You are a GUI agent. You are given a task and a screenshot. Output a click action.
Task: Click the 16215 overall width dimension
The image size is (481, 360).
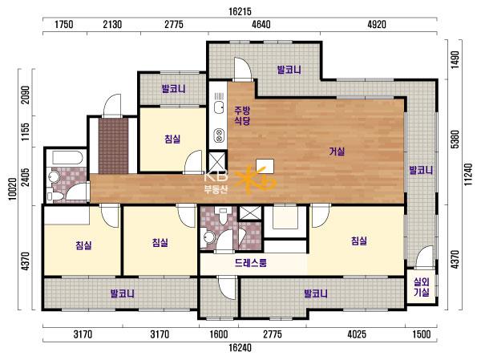[240, 12]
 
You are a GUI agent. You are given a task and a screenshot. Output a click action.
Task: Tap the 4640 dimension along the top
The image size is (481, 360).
[261, 24]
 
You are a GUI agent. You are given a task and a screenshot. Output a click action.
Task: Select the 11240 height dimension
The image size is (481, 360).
[468, 174]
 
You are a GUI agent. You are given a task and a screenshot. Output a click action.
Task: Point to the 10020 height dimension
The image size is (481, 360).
[13, 188]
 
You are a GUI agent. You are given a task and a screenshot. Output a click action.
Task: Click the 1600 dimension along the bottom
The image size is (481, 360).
[218, 334]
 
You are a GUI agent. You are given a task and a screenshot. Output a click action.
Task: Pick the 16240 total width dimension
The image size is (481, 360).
[240, 348]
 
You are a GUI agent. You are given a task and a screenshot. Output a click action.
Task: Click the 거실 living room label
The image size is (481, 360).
[337, 152]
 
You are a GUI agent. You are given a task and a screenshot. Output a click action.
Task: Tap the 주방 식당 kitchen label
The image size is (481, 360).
[242, 115]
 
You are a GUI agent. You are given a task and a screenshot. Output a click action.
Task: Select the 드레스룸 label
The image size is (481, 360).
[251, 263]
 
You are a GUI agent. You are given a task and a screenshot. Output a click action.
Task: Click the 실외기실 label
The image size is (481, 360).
[422, 287]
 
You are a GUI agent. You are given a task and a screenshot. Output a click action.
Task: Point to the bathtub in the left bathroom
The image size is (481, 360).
[67, 157]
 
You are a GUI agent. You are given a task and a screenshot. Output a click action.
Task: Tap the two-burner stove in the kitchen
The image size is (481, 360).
[219, 136]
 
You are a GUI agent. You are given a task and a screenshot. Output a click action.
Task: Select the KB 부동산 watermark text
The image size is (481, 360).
[216, 182]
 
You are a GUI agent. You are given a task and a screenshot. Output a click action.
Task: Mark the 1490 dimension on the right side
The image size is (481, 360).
[455, 60]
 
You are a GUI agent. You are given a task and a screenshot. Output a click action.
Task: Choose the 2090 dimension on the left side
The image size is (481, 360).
[26, 95]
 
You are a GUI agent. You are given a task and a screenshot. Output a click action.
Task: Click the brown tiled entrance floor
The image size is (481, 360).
[113, 146]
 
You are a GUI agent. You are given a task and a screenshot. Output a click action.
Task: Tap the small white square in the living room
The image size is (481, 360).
[265, 166]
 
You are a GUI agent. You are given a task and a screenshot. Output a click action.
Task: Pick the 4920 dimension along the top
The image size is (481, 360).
[377, 24]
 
